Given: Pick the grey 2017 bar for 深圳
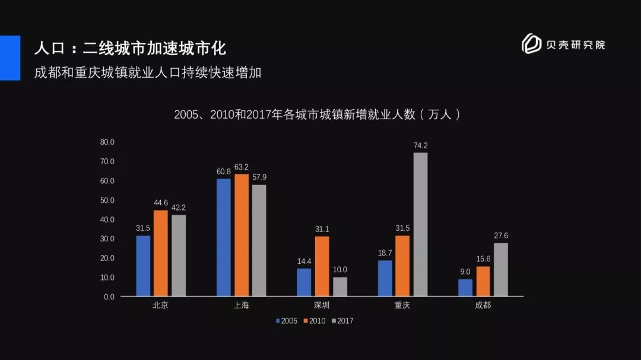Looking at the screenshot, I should [340, 286].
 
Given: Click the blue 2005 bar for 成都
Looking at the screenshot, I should [465, 288].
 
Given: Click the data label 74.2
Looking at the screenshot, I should [420, 145].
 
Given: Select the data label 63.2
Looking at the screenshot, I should [242, 167].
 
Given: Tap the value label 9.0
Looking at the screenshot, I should [465, 272].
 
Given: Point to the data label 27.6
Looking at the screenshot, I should [501, 235].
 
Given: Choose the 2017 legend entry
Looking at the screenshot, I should [342, 321].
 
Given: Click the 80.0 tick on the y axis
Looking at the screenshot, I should [107, 142].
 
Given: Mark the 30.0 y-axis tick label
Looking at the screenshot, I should [107, 239].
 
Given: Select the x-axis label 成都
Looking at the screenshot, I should [483, 306].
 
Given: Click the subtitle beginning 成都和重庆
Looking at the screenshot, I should [148, 72].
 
